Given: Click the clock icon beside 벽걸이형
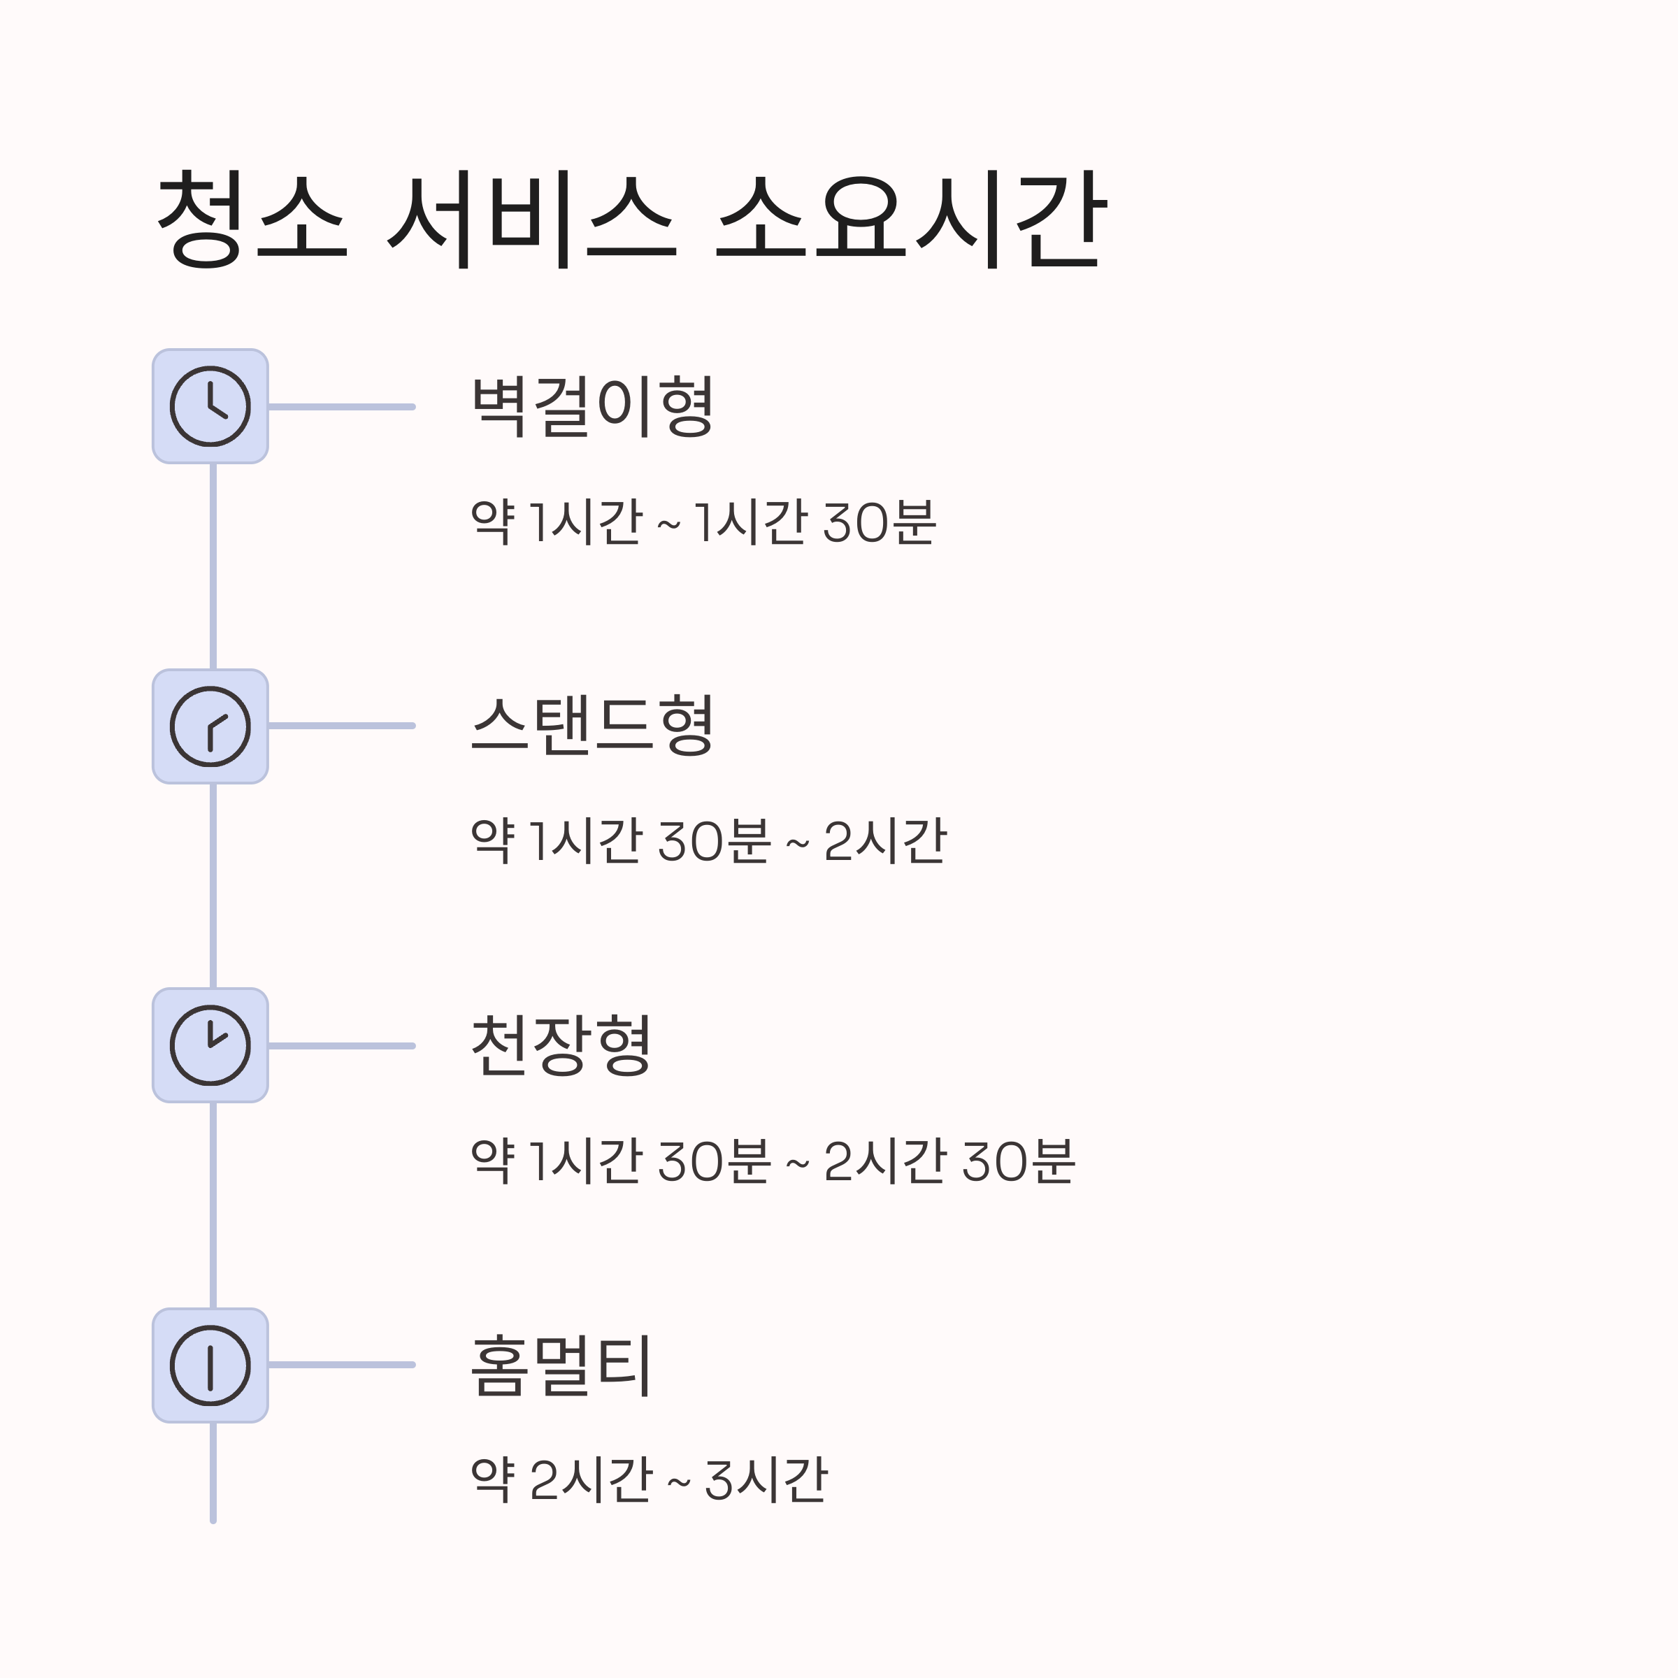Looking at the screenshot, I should coord(210,406).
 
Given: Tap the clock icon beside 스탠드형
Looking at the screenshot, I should coord(210,726).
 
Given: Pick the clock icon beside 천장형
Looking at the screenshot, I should coord(210,1046).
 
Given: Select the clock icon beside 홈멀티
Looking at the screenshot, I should coord(210,1365).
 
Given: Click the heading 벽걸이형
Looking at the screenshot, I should coord(592,406).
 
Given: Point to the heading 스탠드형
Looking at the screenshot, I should coord(592,726).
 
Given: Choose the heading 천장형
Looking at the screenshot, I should coord(561,1046).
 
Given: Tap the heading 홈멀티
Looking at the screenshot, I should coord(561,1366).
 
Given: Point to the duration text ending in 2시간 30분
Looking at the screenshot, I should coord(773,1161).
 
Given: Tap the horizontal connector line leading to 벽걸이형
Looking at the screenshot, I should coord(341,406).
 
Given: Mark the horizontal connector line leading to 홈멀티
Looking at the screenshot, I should coord(341,1365).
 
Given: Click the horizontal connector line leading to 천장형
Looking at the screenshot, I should coord(341,1046).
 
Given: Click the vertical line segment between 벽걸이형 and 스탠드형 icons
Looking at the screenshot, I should coord(213,566).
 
